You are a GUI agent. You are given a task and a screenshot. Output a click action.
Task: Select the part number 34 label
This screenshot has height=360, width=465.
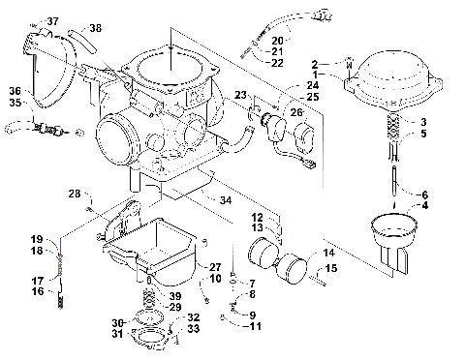point(226,200)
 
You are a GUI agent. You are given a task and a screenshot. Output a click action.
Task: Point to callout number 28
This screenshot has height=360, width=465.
point(74,195)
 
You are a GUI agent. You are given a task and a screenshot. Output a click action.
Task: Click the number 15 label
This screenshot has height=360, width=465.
point(330,268)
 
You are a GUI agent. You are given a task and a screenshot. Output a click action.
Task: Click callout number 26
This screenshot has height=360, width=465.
point(296,112)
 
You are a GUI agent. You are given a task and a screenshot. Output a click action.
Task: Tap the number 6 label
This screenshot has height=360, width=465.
point(424,193)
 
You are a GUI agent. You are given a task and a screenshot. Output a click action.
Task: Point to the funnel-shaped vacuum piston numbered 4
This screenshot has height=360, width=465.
point(393,236)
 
